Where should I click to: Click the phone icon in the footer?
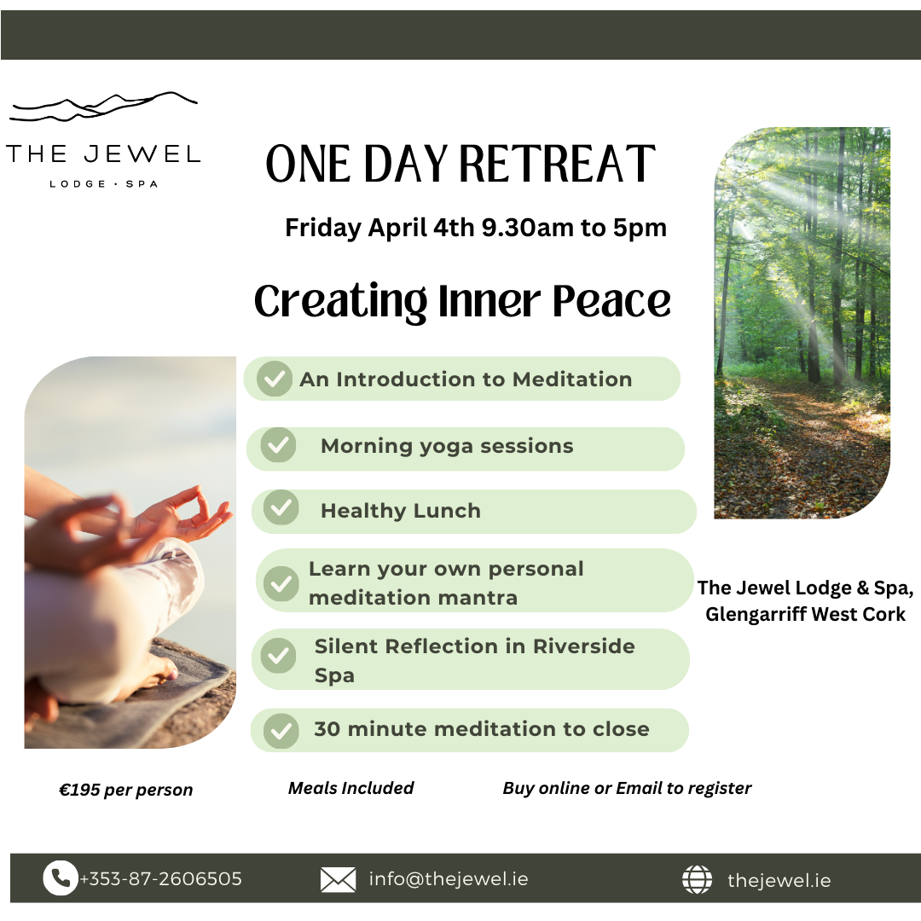pyautogui.click(x=61, y=878)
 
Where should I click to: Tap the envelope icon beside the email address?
pyautogui.click(x=338, y=879)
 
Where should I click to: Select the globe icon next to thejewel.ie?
pyautogui.click(x=698, y=879)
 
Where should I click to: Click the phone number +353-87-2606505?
pyautogui.click(x=161, y=878)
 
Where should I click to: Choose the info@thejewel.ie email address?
pyautogui.click(x=449, y=878)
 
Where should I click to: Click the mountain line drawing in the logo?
pyautogui.click(x=103, y=107)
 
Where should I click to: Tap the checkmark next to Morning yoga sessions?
pyautogui.click(x=278, y=444)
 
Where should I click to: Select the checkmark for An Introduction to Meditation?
pyautogui.click(x=275, y=379)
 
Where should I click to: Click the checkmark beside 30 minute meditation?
pyautogui.click(x=281, y=731)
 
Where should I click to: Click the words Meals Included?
pyautogui.click(x=350, y=788)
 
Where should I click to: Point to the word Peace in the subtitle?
pyautogui.click(x=611, y=301)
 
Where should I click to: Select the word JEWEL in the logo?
pyautogui.click(x=142, y=154)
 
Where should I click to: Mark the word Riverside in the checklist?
pyautogui.click(x=584, y=646)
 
